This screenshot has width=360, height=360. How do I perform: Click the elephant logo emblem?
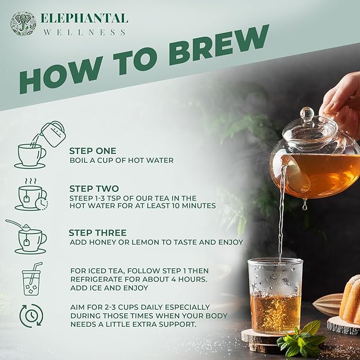tap(23, 23)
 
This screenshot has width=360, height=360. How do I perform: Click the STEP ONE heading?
tap(92, 151)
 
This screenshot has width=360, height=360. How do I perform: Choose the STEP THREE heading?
tap(98, 232)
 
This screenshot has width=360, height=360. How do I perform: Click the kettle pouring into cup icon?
tap(40, 145)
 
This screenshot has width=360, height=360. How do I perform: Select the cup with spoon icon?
tap(28, 236)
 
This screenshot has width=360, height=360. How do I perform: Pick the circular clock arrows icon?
tap(31, 315)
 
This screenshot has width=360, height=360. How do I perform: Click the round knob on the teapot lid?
tap(308, 114)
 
